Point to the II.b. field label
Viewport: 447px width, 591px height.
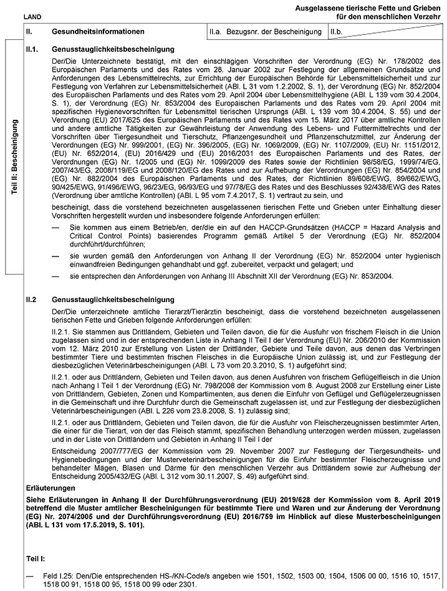[338, 31]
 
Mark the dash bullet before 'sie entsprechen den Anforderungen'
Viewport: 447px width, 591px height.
[56, 275]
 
